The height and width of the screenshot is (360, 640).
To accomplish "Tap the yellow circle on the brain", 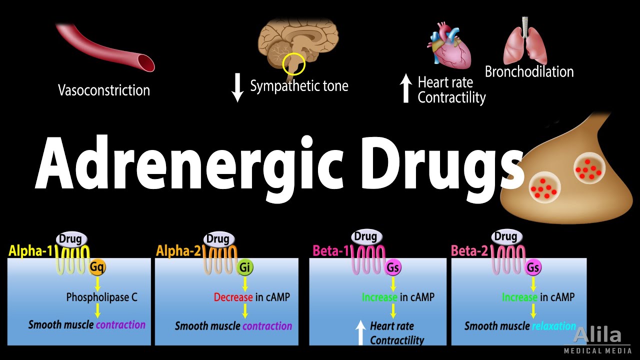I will coord(293,64).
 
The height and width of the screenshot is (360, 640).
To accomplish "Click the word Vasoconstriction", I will coord(104,90).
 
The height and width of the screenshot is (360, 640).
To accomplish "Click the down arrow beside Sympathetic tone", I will coord(238,87).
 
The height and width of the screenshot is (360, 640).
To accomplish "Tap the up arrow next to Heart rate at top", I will coord(406,88).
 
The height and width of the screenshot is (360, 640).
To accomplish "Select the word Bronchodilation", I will coord(529,71).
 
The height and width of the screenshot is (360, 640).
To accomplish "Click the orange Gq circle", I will coord(97,267).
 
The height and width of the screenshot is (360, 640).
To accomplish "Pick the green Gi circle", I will coord(244,267).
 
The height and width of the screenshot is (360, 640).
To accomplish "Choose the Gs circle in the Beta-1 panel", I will coord(393,267).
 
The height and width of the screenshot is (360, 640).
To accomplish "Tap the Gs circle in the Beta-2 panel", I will coord(533,267).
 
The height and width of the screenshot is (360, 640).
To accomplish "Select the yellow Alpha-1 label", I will coord(30,250).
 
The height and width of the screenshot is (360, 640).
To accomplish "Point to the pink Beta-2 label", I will coord(470,250).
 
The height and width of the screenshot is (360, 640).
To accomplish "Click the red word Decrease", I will coord(233,297).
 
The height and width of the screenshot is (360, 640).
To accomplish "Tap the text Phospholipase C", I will coord(101,297).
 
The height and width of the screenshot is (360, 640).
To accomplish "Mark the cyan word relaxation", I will coord(553,326).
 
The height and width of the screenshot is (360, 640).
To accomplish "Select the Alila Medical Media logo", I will coord(597,339).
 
